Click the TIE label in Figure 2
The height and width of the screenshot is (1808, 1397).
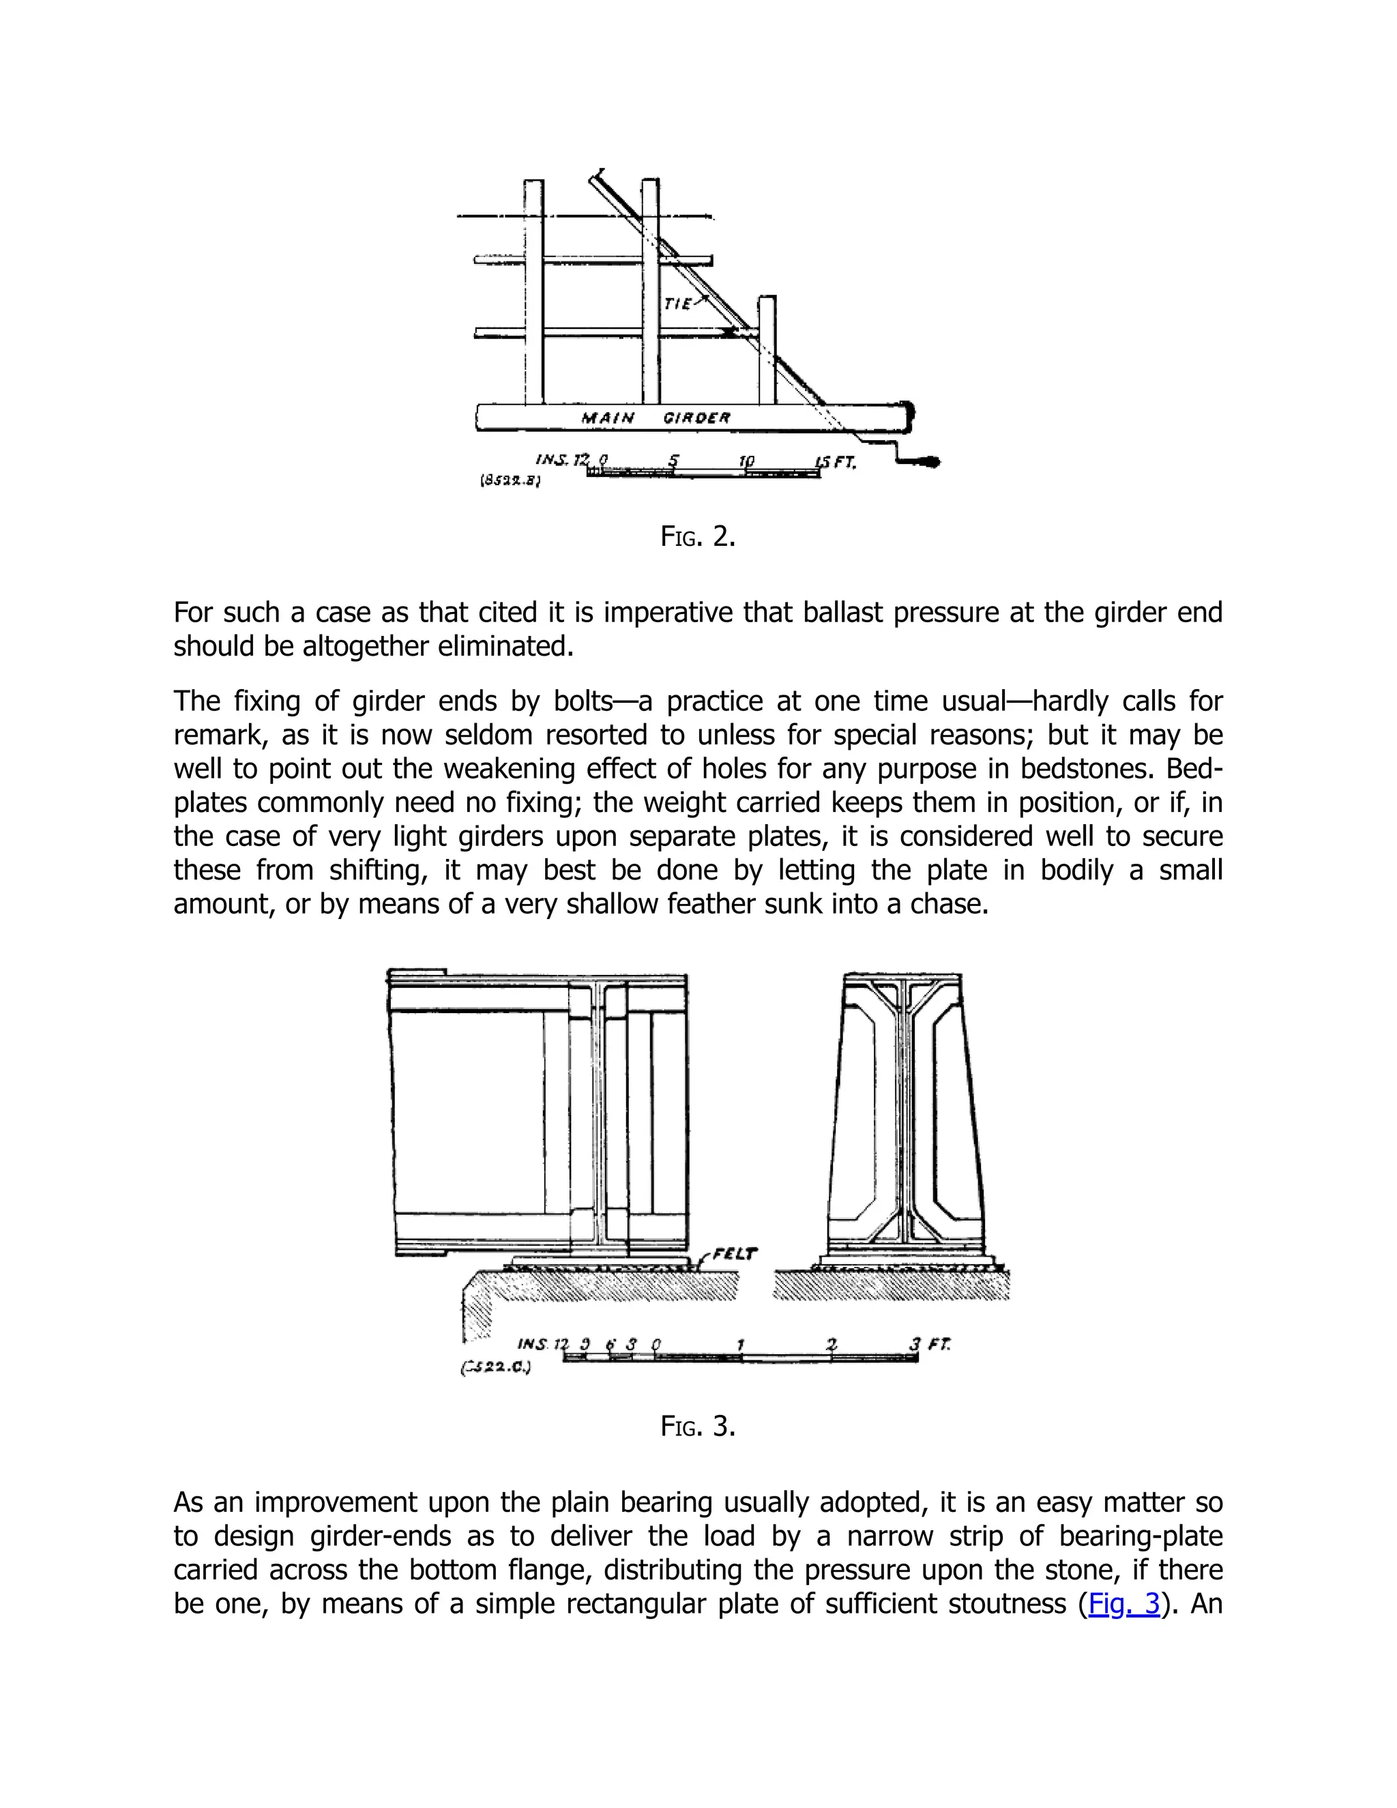[x=678, y=304]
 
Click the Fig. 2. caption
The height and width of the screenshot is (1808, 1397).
[x=698, y=536]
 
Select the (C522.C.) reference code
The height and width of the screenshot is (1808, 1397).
[x=495, y=1367]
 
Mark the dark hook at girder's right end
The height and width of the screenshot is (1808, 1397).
[x=925, y=461]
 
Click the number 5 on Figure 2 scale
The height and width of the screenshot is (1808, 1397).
[x=674, y=461]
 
